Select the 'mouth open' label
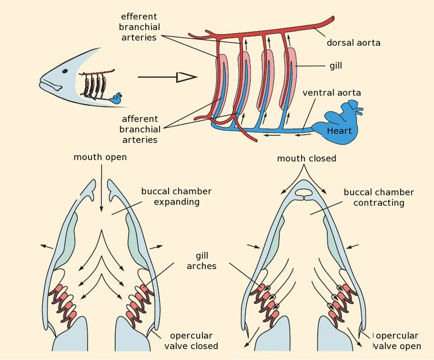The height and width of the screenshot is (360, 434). [100, 158]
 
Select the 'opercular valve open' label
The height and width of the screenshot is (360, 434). [397, 341]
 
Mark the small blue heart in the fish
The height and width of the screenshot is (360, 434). [116, 98]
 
